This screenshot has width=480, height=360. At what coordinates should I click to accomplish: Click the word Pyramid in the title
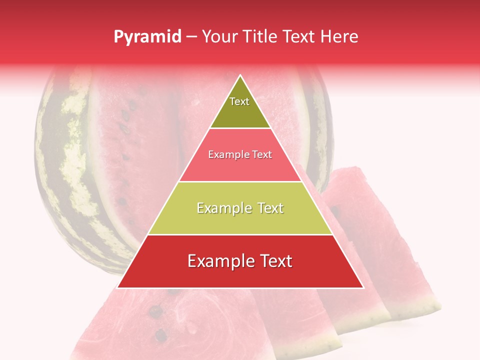147,37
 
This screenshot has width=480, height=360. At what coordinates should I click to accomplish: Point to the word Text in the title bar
298,36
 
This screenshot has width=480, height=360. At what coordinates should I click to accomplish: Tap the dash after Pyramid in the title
191,37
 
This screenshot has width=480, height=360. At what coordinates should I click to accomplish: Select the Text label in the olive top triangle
239,101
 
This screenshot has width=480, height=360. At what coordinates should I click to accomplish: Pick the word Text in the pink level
261,155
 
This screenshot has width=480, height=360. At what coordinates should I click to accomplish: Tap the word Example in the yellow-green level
220,208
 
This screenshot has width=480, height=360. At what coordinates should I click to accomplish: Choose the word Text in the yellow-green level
270,208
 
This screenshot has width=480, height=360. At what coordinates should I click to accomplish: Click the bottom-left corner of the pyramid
117,287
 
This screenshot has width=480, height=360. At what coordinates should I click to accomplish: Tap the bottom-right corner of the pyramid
363,287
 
